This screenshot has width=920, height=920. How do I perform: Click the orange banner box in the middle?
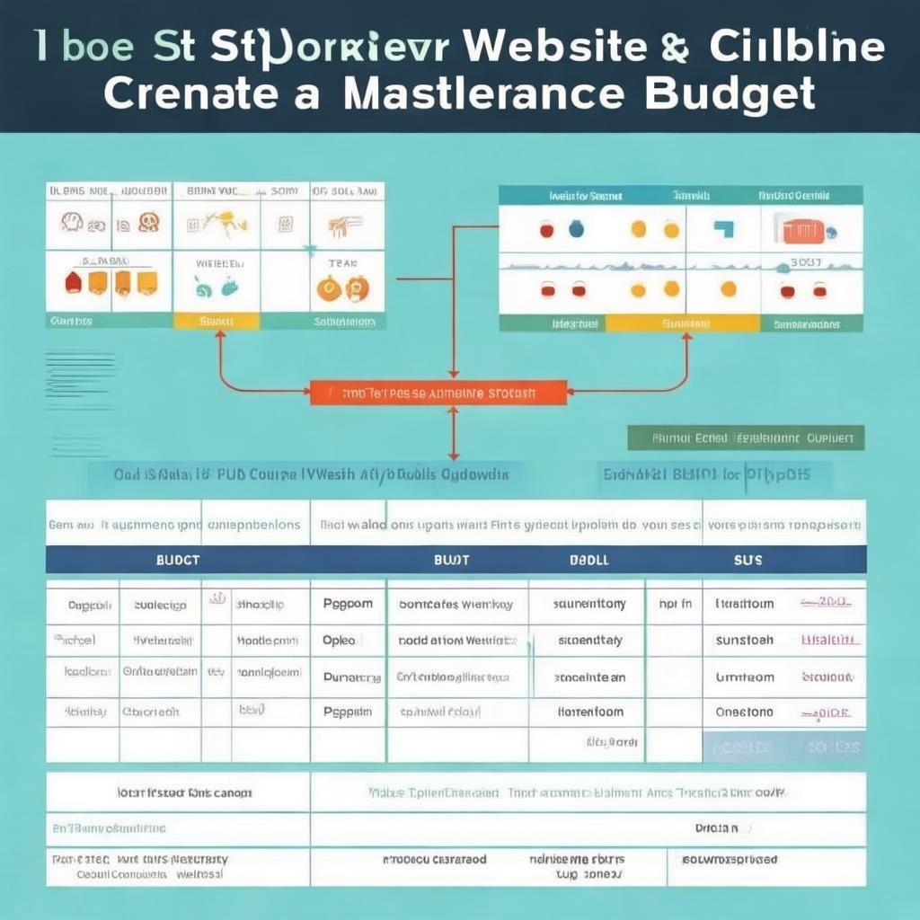pos(438,393)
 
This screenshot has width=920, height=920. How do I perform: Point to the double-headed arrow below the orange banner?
pos(453,432)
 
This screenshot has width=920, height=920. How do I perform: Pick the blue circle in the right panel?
pos(576,229)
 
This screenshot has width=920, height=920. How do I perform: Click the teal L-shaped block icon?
pos(723,229)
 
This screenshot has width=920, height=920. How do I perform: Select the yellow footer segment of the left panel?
pos(216,321)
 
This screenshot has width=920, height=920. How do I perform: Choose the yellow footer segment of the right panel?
pos(682,323)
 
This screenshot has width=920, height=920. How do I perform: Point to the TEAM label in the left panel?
pos(341,263)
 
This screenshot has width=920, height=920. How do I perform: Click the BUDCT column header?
pos(177,559)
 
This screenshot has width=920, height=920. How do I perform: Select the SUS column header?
pos(747,559)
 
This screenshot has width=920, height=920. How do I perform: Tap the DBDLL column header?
pos(588,559)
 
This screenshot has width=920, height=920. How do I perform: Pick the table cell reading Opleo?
pos(340,641)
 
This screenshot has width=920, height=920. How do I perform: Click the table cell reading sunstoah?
pos(744,641)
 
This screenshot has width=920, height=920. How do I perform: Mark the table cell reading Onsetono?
pos(744,712)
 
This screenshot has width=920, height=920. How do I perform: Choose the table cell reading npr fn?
pos(675,605)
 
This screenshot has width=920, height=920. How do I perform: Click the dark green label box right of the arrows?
pos(745,438)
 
